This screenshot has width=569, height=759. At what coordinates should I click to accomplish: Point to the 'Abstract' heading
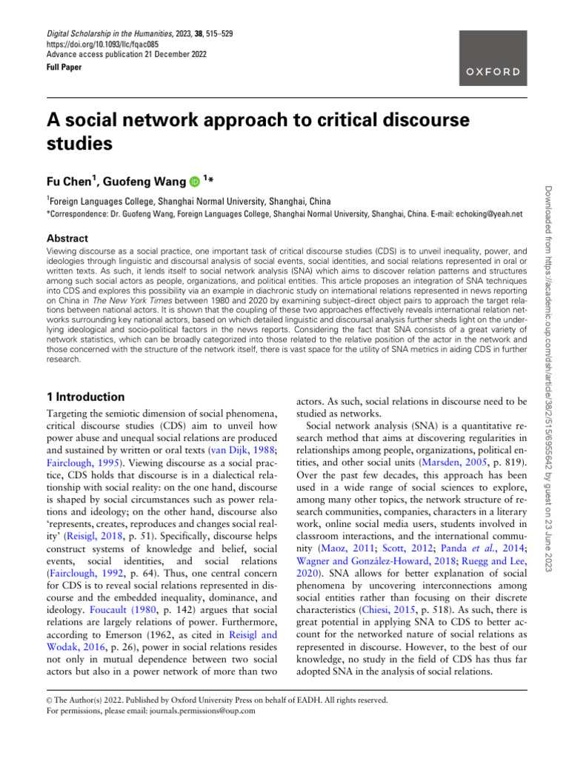click(67, 239)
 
